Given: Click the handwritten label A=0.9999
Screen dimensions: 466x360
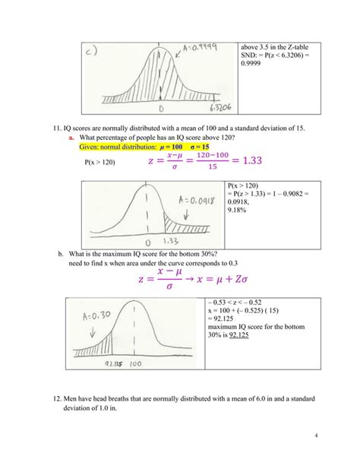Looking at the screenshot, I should pos(197,49).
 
